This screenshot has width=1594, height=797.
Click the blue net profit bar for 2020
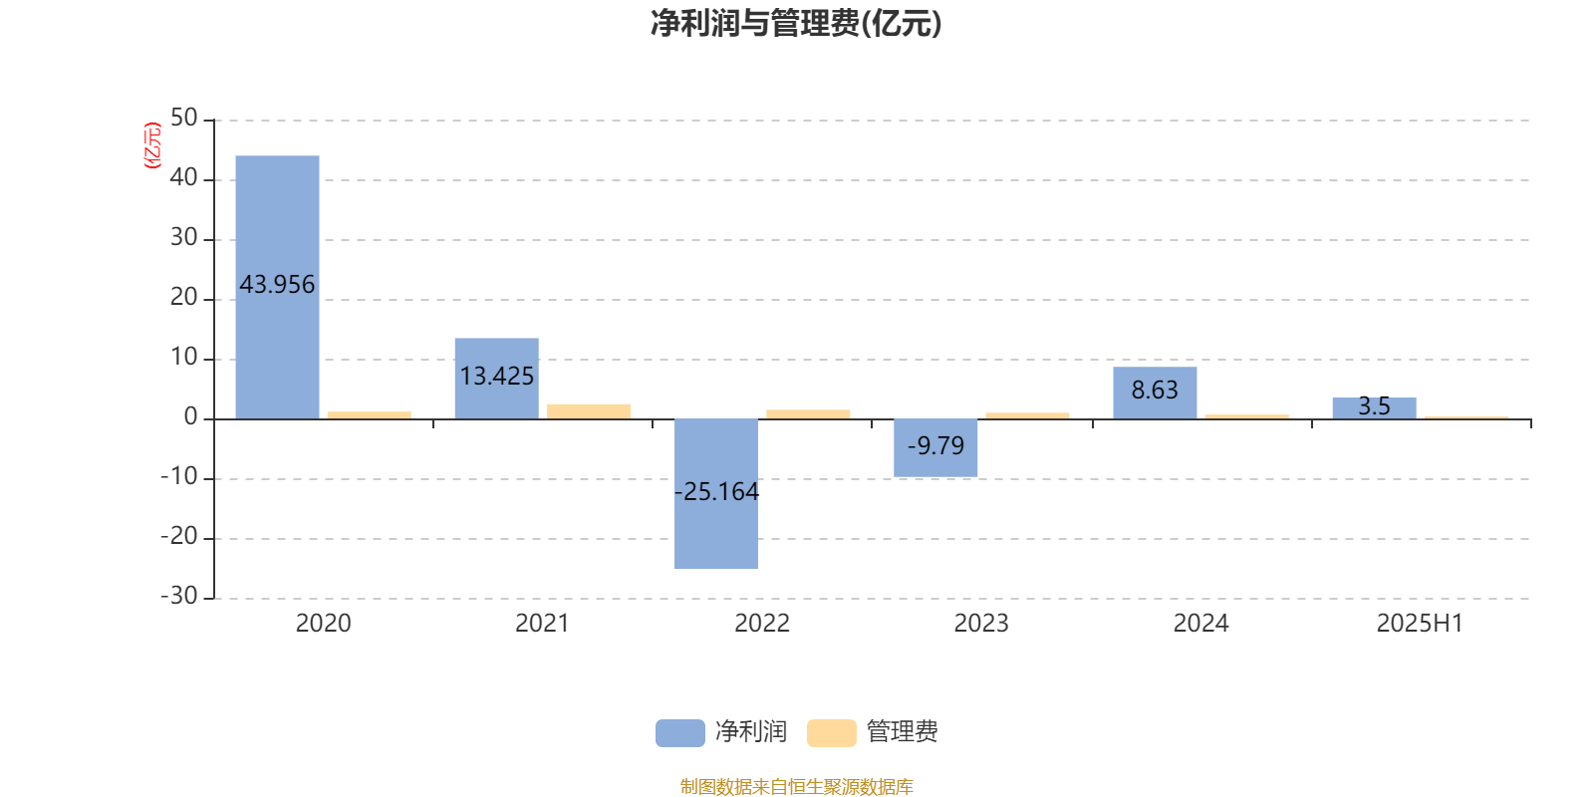click(x=277, y=287)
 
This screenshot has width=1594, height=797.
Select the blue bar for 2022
click(x=716, y=494)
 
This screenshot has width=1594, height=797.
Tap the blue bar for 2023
click(x=935, y=447)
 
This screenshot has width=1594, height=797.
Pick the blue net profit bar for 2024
click(x=1155, y=393)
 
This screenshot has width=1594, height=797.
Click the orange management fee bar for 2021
click(x=589, y=411)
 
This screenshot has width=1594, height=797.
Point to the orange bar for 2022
click(x=808, y=414)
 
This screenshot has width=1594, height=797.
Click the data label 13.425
click(x=497, y=376)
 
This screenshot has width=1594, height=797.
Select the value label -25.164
click(x=716, y=492)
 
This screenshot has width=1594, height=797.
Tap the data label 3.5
click(x=1374, y=405)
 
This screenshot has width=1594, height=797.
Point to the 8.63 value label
click(x=1155, y=390)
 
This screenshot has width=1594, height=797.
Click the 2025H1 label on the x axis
click(x=1420, y=624)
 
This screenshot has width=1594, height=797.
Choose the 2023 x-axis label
click(x=981, y=624)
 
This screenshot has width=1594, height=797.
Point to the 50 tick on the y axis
click(x=184, y=119)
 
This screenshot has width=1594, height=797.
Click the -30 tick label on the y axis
click(x=179, y=597)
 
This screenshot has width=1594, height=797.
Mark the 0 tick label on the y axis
click(x=190, y=417)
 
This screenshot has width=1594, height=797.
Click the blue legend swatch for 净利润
click(x=680, y=733)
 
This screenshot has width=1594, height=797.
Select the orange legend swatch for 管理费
click(x=832, y=733)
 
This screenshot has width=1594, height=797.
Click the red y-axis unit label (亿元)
click(x=152, y=145)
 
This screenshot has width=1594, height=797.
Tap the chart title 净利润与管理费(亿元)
click(x=796, y=24)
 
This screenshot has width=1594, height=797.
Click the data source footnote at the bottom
click(x=796, y=786)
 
